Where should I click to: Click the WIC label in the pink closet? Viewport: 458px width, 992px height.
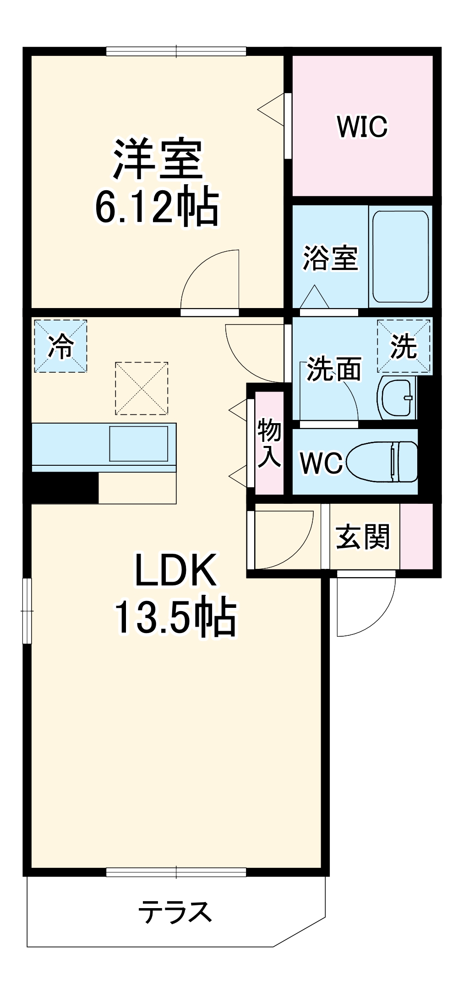(x=362, y=127)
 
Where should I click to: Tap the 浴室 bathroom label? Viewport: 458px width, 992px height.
(x=330, y=258)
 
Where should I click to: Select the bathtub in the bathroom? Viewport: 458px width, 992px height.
(x=400, y=256)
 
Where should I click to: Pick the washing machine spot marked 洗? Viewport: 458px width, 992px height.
(x=403, y=346)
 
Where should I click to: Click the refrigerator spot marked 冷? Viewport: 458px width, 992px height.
(x=60, y=346)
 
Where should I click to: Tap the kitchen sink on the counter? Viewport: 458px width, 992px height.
(x=138, y=443)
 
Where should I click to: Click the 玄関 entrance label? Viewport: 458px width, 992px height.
(x=363, y=536)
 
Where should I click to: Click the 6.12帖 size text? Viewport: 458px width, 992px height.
(x=157, y=206)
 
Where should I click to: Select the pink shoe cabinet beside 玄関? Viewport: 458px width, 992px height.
(x=416, y=536)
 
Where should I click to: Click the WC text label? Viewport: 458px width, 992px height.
(x=321, y=463)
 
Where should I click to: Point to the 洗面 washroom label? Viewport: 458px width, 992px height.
(x=334, y=369)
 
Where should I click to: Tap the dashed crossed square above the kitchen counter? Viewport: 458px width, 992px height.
(x=142, y=388)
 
